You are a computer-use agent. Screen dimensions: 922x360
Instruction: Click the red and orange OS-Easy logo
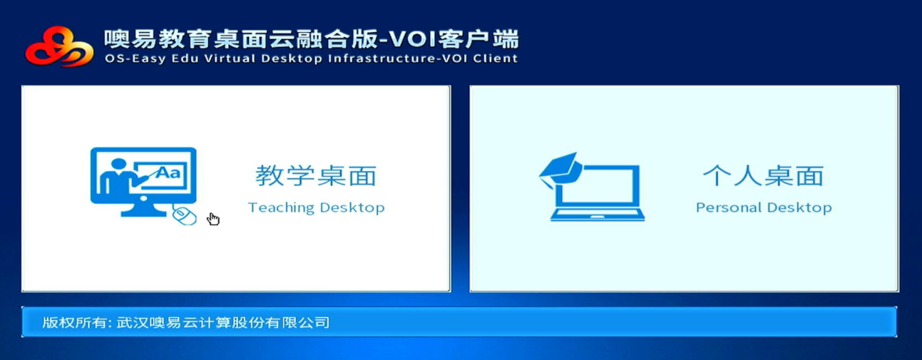(59, 46)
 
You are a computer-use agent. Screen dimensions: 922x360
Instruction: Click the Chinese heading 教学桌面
(316, 175)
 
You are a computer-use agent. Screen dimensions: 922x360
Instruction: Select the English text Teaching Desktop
(316, 207)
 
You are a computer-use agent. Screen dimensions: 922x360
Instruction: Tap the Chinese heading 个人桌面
(764, 175)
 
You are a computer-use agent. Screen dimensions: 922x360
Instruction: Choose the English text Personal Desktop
(764, 207)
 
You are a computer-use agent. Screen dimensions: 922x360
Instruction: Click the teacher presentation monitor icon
(143, 182)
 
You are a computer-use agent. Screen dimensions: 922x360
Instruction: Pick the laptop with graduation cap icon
(592, 187)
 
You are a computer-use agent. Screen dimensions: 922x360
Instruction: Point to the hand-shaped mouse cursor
(212, 219)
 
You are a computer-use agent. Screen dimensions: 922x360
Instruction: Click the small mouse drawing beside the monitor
(184, 215)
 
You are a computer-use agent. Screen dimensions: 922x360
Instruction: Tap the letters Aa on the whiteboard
(168, 172)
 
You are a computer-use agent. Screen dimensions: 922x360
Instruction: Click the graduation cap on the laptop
(560, 170)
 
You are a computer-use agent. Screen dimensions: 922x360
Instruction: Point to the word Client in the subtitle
(495, 58)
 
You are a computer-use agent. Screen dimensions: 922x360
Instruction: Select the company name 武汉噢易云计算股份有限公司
(222, 322)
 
